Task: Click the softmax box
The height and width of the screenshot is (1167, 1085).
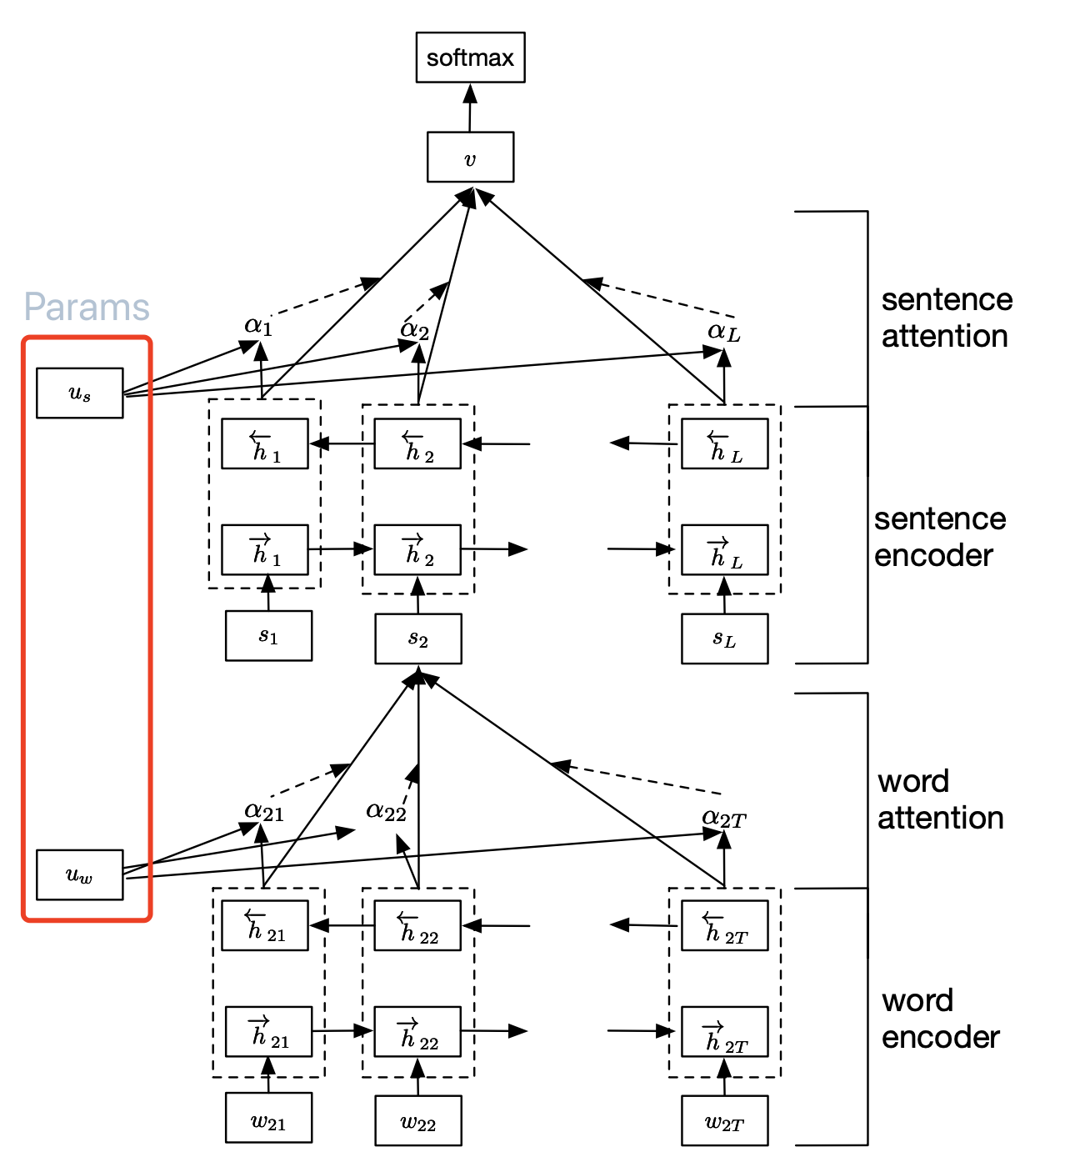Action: (470, 58)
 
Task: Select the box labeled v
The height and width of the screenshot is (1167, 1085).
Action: (470, 157)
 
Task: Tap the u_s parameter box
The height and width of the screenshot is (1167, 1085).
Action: (80, 393)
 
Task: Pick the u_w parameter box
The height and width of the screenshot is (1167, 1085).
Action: (80, 874)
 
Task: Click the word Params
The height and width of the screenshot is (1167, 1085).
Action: (87, 308)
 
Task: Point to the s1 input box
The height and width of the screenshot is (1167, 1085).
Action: (268, 636)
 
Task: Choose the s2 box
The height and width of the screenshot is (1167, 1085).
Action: (418, 639)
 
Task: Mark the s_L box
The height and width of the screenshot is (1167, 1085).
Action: (724, 639)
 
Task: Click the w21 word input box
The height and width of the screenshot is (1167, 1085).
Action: (268, 1118)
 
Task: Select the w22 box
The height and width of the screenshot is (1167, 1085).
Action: (418, 1121)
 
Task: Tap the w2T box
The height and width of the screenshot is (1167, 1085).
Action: (724, 1121)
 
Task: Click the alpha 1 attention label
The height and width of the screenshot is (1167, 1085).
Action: (258, 325)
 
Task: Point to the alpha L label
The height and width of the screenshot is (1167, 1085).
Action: (723, 332)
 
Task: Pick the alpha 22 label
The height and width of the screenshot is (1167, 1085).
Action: (386, 810)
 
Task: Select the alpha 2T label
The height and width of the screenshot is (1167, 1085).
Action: (723, 818)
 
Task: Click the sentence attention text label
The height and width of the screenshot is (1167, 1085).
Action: (947, 318)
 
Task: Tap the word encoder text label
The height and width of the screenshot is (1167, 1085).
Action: (940, 1019)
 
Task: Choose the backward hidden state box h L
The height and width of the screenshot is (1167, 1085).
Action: (724, 444)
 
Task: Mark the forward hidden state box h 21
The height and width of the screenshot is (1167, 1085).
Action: (268, 1032)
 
